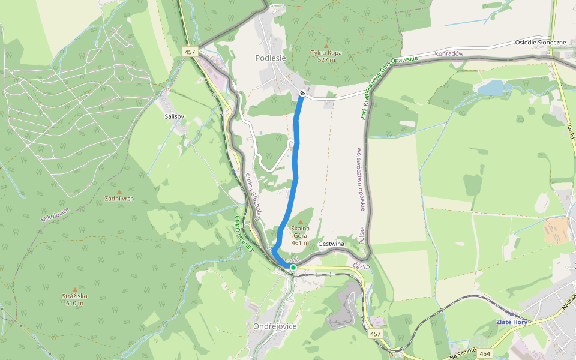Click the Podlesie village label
click(x=271, y=58)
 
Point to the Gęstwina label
click(x=331, y=244)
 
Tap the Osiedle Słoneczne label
click(x=541, y=43)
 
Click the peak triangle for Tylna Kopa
click(x=326, y=46)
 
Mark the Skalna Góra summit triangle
click(x=301, y=222)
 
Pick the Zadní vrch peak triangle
click(x=119, y=192)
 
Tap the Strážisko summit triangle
click(x=74, y=289)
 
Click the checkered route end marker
click(x=302, y=93)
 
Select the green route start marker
click(x=293, y=268)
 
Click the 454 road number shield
click(x=485, y=354)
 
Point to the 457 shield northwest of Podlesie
click(x=190, y=52)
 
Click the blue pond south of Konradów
click(x=491, y=89)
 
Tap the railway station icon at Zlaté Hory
click(x=511, y=314)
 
